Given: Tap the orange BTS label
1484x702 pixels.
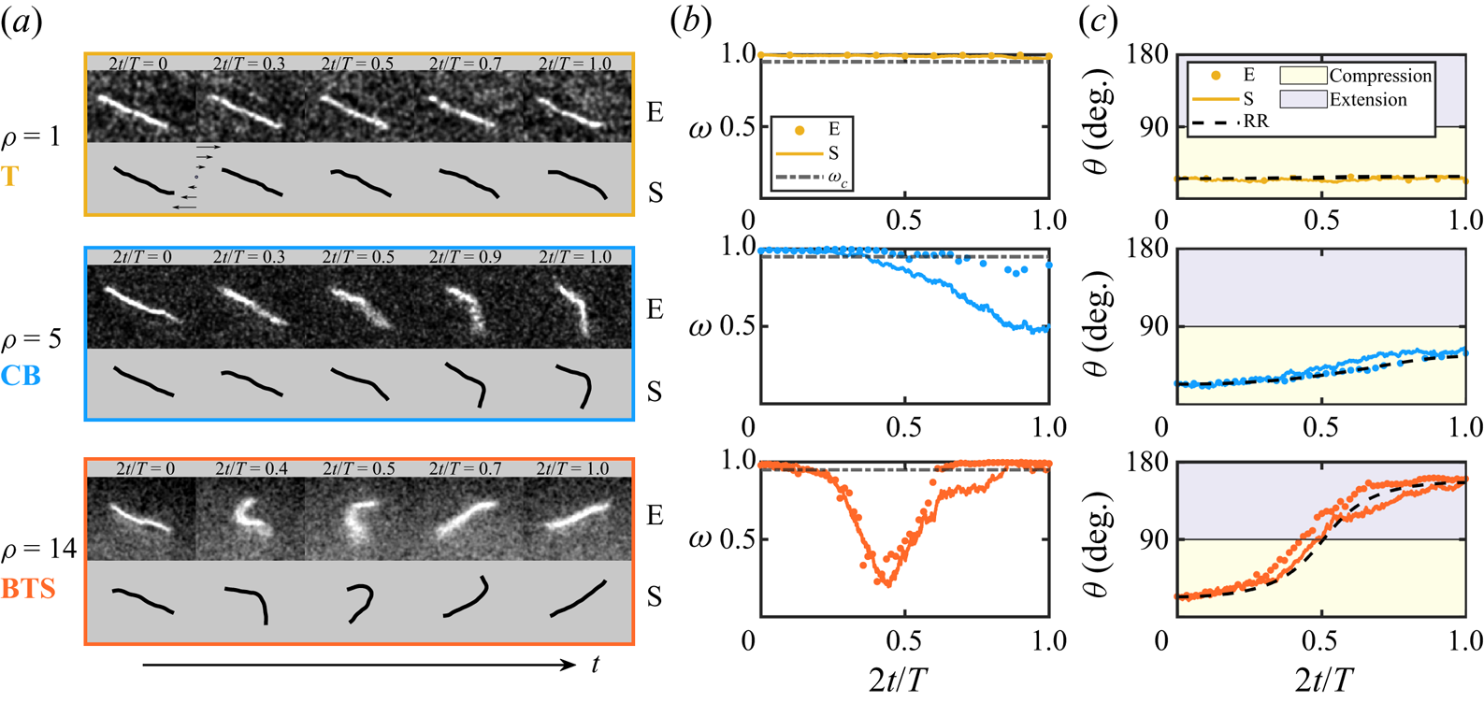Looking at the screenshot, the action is point(28,588).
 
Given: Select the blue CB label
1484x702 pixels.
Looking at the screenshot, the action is point(21,376).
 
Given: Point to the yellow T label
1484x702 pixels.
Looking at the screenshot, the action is point(9,176).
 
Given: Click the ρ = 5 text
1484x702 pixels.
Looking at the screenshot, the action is point(31,339).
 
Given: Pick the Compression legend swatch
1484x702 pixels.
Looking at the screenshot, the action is point(1304,76).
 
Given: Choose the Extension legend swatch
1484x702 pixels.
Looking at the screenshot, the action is point(1304,99).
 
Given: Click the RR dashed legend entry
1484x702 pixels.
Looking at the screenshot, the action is point(1230,122).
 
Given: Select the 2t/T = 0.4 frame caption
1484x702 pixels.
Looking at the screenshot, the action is point(252,468).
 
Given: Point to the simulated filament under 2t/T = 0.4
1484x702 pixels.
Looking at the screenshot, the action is point(249,605).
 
